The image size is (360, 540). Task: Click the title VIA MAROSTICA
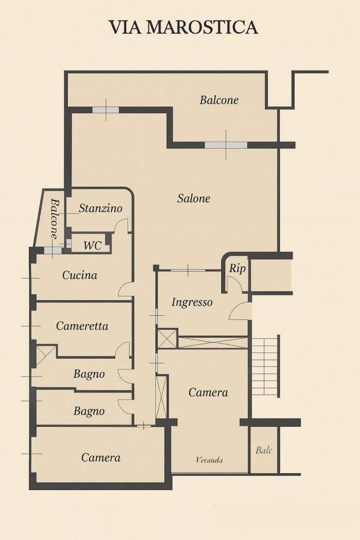coord(183,27)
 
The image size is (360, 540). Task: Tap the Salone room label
coord(194,199)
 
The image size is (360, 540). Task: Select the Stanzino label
coord(101,208)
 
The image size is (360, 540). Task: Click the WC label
coord(93,245)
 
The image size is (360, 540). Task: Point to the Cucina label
coord(80,275)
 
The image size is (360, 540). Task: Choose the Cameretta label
coord(82,326)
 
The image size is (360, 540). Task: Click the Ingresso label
coord(192,302)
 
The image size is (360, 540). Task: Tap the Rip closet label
coord(237,268)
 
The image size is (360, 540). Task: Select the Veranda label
coord(209,460)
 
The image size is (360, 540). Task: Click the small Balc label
coord(264,451)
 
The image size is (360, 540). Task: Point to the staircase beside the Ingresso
coord(265,366)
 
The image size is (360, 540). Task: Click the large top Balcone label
coord(219,100)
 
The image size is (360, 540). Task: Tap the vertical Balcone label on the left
coord(55,219)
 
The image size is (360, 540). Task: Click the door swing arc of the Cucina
coord(125,290)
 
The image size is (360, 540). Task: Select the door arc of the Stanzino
coord(121,225)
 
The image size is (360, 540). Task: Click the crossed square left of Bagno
coord(45,355)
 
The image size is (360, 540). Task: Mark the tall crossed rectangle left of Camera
coord(161,397)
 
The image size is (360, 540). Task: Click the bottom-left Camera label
coord(101,457)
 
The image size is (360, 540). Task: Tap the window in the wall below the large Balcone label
coord(226,145)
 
